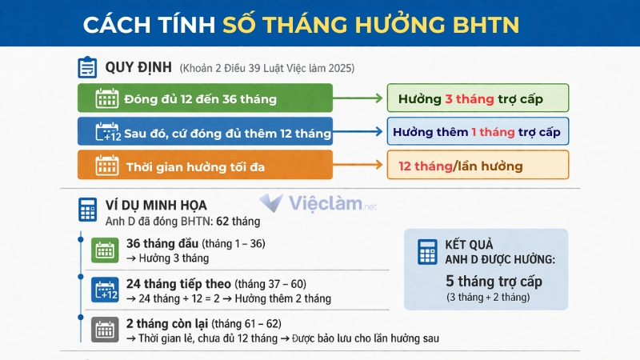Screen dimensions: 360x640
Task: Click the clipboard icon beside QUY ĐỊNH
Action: pos(87,67)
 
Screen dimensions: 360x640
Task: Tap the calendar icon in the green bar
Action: pos(106,98)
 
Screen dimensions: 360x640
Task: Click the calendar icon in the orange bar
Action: pos(106,166)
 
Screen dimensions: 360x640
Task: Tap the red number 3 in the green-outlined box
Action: pos(449,99)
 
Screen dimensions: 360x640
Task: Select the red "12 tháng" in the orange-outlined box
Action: pos(425,166)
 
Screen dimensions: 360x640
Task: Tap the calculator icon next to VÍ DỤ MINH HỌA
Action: pos(87,209)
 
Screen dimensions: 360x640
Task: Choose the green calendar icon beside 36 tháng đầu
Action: pos(104,249)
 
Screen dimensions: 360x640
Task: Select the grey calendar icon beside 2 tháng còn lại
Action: pos(104,329)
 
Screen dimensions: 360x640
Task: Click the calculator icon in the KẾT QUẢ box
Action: pos(427,251)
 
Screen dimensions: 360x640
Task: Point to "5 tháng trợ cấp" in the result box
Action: pos(494,281)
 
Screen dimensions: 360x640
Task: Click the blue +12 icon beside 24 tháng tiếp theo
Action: pos(104,290)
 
